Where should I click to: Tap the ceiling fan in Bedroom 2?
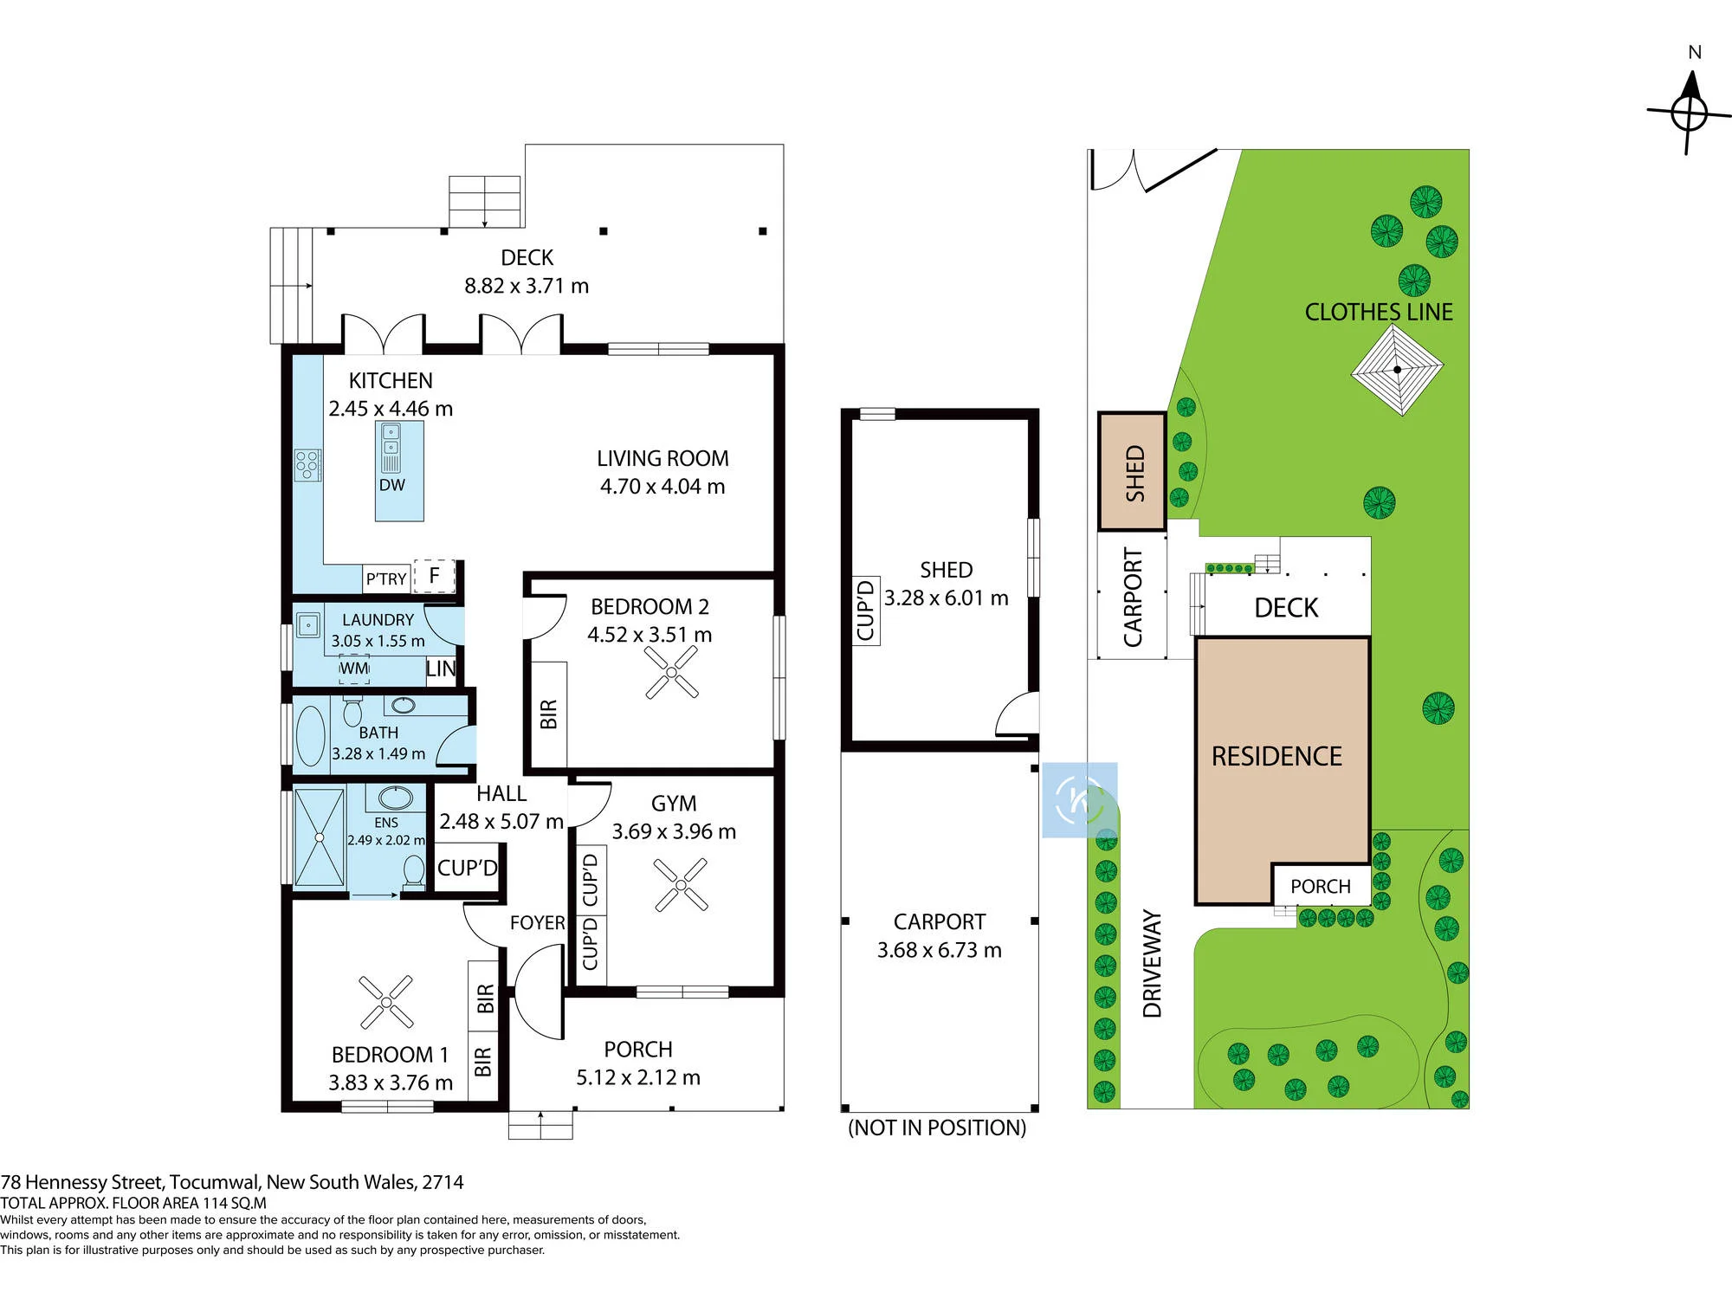click(671, 672)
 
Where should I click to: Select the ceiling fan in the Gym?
click(681, 884)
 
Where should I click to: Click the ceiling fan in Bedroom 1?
click(386, 1002)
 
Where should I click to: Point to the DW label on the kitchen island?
click(391, 485)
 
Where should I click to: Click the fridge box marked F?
click(435, 575)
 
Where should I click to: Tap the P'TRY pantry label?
click(386, 578)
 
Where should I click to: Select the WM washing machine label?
click(354, 669)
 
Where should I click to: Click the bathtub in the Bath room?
click(311, 736)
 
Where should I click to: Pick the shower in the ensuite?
click(320, 837)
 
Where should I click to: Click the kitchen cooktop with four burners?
click(307, 465)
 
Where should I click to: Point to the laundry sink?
click(308, 624)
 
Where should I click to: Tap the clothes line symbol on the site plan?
click(1397, 370)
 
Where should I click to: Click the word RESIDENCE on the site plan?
click(1276, 756)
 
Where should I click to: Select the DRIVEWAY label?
click(1152, 963)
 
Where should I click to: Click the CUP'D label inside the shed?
click(865, 611)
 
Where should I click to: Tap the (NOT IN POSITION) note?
click(937, 1128)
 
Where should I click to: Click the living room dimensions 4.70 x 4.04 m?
click(662, 487)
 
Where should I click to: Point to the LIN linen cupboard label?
click(441, 669)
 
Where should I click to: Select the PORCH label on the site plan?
click(1321, 887)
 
